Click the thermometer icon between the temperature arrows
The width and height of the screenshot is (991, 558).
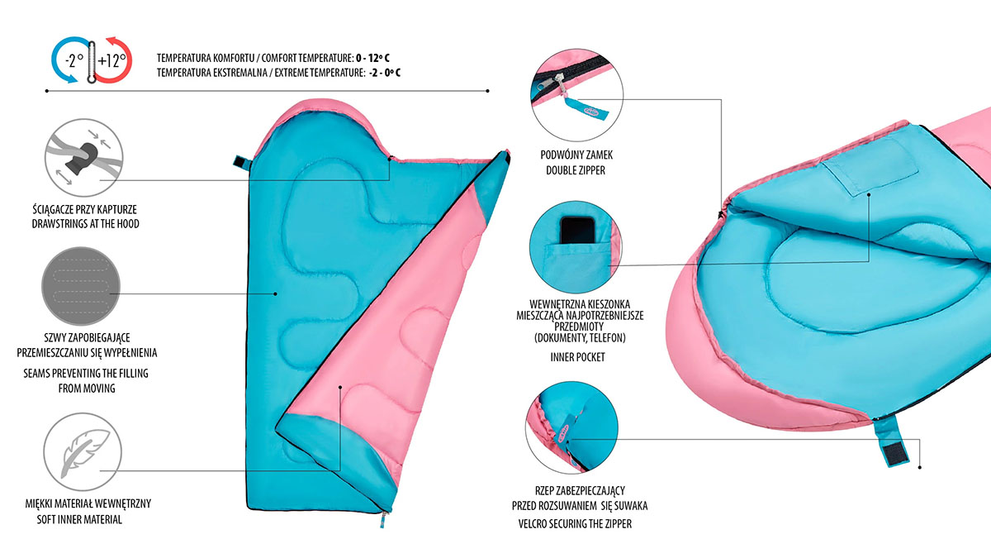click(92, 62)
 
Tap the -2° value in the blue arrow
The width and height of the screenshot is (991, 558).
click(74, 60)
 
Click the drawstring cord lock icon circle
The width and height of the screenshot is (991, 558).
click(84, 158)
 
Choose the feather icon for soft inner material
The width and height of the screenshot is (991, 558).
click(83, 451)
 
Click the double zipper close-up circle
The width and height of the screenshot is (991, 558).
click(577, 95)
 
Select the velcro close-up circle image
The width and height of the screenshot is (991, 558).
click(571, 427)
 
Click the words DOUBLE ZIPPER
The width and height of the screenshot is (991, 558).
click(575, 170)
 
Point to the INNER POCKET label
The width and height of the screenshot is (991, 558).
click(577, 357)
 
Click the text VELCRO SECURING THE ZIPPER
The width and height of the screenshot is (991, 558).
click(575, 524)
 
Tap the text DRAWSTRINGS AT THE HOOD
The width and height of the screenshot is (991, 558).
click(85, 224)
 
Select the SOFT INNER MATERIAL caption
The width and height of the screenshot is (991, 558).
click(79, 519)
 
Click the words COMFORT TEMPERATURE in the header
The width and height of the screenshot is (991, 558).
click(307, 58)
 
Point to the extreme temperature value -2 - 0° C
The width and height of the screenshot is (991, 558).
click(385, 73)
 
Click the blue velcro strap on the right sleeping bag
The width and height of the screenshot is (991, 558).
click(889, 441)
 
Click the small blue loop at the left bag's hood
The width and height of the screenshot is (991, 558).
click(241, 162)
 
